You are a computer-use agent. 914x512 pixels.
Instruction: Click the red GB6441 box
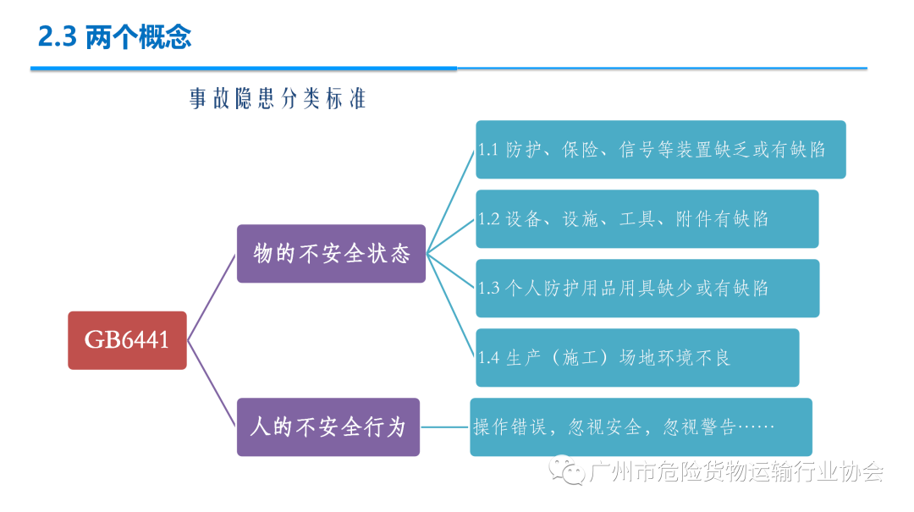[x=127, y=340]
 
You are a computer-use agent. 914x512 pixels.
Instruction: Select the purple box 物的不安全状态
[x=331, y=253]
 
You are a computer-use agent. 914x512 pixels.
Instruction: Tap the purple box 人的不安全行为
[x=328, y=427]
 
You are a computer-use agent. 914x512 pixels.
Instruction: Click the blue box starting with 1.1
[x=660, y=150]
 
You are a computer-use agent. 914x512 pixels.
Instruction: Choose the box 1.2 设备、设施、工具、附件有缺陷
[x=647, y=219]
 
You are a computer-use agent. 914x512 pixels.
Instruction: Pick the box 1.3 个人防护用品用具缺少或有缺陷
[x=647, y=289]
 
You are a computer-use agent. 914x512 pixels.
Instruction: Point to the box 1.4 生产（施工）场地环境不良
[x=637, y=357]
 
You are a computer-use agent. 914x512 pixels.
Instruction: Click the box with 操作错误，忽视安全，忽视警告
[x=641, y=427]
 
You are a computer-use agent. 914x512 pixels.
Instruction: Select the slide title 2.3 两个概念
[x=115, y=37]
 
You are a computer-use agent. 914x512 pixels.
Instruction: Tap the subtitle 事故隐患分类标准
[x=278, y=99]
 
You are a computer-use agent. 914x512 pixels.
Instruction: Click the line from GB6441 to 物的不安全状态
[x=212, y=296]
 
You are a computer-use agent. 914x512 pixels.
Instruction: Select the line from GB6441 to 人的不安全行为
[x=212, y=383]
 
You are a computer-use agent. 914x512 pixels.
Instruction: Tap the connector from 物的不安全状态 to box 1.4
[x=451, y=306]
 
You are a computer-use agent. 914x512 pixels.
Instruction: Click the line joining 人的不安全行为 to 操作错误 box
[x=445, y=427]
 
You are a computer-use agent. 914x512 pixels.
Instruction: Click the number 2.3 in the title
[x=58, y=37]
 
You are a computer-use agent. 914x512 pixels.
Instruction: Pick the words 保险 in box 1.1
[x=580, y=150]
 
